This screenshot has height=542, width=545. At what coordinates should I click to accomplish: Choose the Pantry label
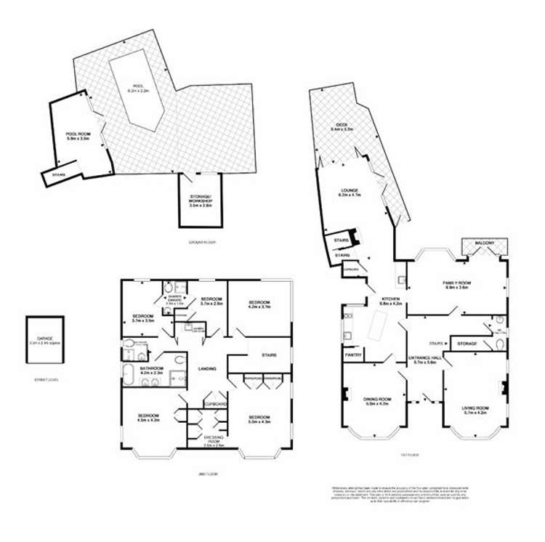(353, 355)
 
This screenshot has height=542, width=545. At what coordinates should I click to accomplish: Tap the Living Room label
(475, 410)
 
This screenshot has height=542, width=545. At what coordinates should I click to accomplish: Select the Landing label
(207, 369)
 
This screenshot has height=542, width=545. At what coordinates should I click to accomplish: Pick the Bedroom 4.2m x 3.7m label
(259, 304)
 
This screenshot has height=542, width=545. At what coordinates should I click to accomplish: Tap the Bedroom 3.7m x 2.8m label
(211, 300)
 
